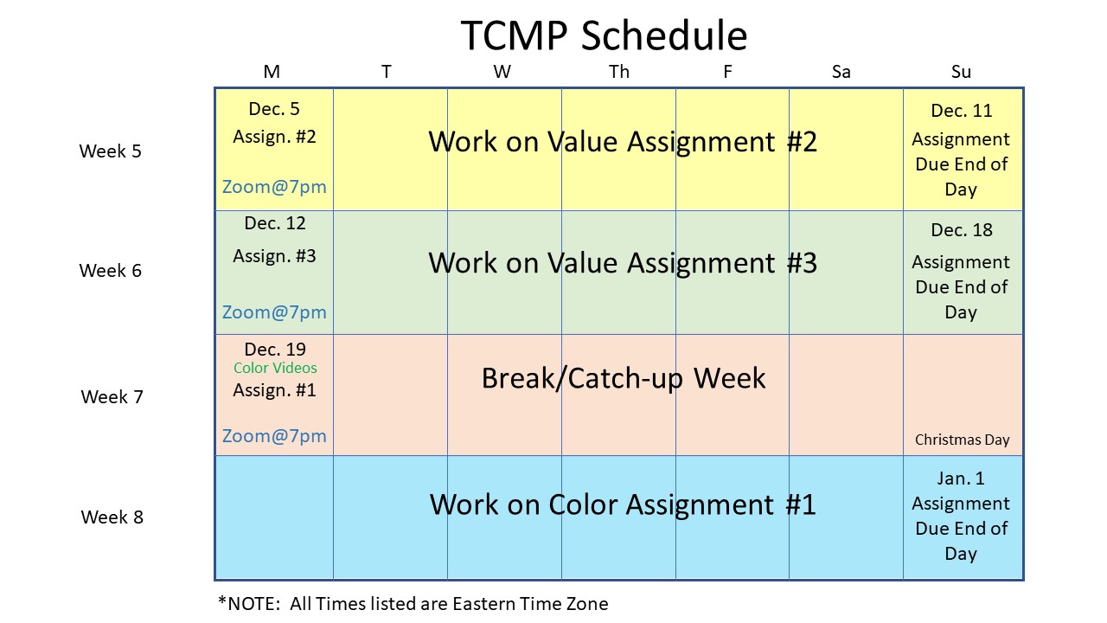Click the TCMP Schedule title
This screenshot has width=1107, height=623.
click(604, 35)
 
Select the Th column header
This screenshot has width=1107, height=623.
click(618, 72)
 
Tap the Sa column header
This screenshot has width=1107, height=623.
click(841, 72)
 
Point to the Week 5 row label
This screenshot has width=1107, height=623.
click(110, 151)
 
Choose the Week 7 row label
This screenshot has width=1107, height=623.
click(112, 396)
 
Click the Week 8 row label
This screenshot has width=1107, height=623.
click(112, 517)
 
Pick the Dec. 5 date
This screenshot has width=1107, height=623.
click(274, 109)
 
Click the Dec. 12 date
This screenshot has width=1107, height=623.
click(275, 223)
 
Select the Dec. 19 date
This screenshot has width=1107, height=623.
click(275, 350)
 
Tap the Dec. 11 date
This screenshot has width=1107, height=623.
click(962, 110)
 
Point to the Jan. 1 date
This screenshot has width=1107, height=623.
click(961, 478)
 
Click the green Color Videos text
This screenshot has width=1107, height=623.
click(275, 368)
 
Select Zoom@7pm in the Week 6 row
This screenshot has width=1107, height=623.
click(274, 312)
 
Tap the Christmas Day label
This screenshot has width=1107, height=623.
click(963, 440)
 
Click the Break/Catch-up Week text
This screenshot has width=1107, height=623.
click(624, 379)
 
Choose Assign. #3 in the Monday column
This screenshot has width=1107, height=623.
click(274, 256)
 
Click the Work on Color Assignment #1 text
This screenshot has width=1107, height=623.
click(623, 504)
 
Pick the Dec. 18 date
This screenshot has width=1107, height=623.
click(962, 230)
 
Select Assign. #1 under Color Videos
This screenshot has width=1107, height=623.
click(274, 390)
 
